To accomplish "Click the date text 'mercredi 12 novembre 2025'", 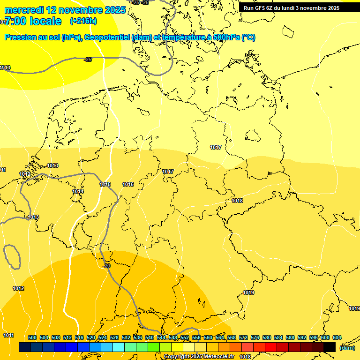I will [x=65, y=10].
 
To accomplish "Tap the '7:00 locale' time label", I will [x=32, y=21].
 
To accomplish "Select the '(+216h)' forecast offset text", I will [x=84, y=21].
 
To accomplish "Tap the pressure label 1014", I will [x=78, y=191].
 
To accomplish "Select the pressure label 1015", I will [x=105, y=184].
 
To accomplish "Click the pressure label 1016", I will [x=128, y=184].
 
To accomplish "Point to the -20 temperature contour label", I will [x=106, y=266].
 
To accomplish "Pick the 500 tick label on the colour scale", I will [x=32, y=337].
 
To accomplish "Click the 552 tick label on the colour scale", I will [x=185, y=337].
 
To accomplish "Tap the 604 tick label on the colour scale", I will [x=337, y=337].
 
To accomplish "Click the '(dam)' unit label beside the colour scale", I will [x=347, y=347].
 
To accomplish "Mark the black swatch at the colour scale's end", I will [x=330, y=347].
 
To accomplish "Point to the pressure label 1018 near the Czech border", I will [x=237, y=201].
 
